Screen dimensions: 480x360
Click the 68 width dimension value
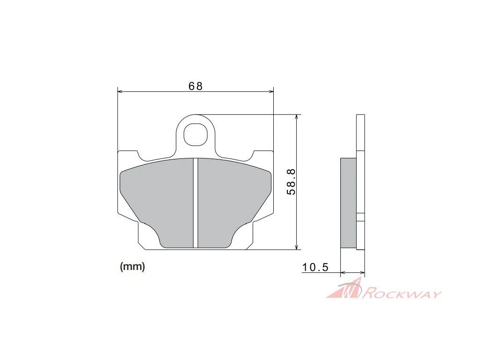(x=195, y=86)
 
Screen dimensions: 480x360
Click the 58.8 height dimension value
(x=291, y=181)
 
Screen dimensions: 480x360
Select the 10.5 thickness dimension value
(x=315, y=267)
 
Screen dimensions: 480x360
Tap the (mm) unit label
(x=132, y=266)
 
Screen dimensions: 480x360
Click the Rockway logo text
(x=402, y=294)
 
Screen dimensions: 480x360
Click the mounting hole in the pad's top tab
(x=195, y=134)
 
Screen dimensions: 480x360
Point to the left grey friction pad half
(x=157, y=198)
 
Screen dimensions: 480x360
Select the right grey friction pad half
(x=234, y=198)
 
